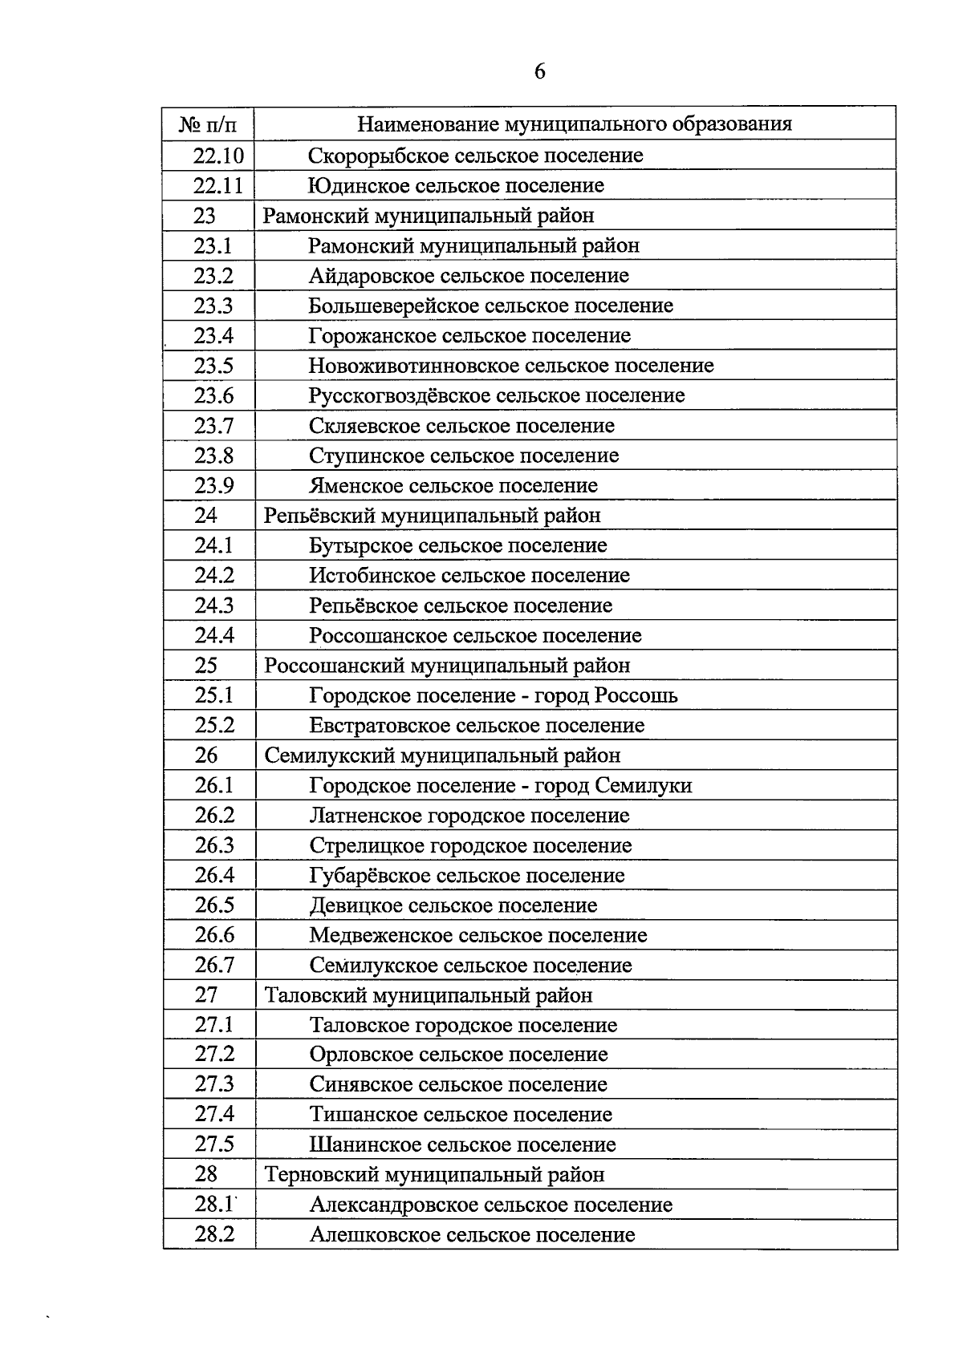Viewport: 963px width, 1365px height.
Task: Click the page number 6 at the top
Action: click(539, 72)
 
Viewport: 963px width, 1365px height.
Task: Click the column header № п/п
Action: click(208, 124)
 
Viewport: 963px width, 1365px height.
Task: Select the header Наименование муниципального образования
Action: click(574, 124)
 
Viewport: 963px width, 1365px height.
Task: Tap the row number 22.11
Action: click(217, 186)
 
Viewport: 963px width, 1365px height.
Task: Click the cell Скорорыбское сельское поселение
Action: click(476, 156)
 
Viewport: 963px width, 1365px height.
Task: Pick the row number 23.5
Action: click(213, 366)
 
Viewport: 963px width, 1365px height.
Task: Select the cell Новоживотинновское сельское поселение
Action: click(511, 366)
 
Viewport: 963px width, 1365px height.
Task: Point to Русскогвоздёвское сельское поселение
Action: click(497, 395)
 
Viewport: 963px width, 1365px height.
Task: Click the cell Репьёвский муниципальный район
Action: click(432, 516)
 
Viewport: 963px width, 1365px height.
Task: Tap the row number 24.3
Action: click(214, 606)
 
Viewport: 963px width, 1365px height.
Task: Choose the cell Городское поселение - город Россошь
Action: click(494, 695)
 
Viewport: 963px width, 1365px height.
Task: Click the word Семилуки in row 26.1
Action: click(644, 785)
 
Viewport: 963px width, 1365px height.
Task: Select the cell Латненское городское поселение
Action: click(469, 816)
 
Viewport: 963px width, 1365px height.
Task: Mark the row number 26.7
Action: click(214, 966)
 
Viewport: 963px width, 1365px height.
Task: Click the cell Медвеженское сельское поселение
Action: click(478, 935)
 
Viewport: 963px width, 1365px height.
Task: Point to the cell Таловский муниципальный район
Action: click(429, 995)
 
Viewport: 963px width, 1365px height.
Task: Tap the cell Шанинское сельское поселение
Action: click(463, 1144)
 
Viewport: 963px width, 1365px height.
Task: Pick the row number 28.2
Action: click(214, 1234)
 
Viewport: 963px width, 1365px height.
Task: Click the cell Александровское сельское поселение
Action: click(491, 1205)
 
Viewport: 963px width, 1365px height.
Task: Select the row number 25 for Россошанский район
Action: click(206, 666)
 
